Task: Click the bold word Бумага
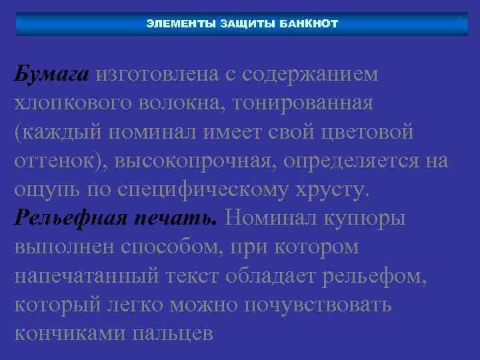click(51, 74)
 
